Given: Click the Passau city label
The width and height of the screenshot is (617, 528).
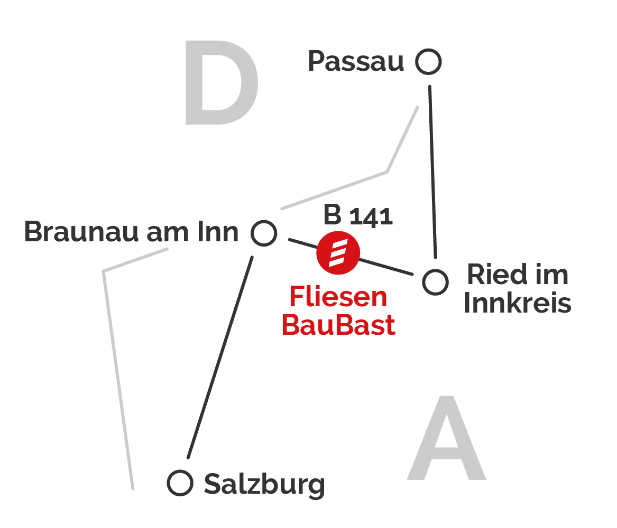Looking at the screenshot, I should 356,62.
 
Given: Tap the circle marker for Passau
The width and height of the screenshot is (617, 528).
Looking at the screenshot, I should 428,62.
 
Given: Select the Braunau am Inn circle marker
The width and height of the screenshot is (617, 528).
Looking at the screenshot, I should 263,233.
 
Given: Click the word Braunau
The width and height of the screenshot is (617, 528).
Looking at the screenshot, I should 82,232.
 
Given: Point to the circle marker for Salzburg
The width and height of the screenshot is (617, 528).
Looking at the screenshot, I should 180,483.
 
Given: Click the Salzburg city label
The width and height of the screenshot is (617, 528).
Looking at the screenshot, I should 264,485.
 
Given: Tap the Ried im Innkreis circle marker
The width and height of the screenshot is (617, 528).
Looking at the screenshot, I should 435,281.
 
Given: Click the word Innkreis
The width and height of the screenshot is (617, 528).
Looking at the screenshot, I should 518,304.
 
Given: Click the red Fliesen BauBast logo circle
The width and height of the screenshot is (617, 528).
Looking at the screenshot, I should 338,252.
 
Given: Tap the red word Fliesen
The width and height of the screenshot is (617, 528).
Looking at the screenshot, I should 338,297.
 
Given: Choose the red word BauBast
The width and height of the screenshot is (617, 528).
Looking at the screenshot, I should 338,325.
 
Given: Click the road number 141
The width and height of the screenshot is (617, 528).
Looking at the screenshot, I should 371,218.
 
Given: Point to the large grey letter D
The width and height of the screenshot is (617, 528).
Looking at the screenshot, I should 221,83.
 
